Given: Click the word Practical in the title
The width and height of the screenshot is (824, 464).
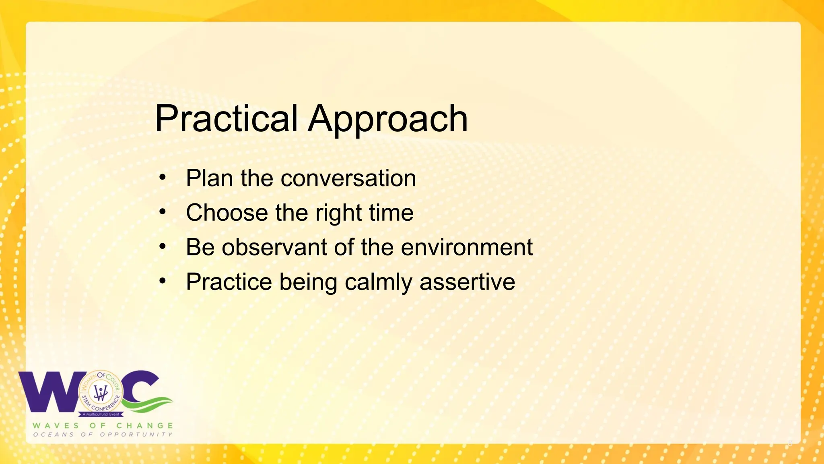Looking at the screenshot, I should pos(226,118).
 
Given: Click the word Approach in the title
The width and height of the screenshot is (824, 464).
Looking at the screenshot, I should pos(388,120).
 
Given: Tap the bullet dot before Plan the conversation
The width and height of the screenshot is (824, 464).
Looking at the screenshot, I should pos(162,177).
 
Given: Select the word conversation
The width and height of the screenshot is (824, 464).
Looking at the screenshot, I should pos(348,178).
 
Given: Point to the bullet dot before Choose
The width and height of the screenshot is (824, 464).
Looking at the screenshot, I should pos(162,211).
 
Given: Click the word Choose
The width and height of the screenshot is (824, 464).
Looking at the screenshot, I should pos(227,213).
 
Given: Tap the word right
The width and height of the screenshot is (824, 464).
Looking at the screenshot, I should pos(339,213).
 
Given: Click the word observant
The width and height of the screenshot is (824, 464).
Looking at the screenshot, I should pos(274,247).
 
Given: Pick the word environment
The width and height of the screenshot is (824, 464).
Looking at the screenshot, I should pos(467,247).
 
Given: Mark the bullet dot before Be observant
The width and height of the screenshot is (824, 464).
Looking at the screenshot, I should pos(162,246).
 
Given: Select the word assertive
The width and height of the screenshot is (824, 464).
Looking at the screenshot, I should pos(467,282).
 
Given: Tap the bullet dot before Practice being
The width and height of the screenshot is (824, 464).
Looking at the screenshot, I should pos(162,281).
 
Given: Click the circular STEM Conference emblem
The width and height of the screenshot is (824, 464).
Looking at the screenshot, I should pos(101,393).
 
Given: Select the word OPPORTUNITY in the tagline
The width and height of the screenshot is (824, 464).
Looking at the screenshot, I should pos(136,435).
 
